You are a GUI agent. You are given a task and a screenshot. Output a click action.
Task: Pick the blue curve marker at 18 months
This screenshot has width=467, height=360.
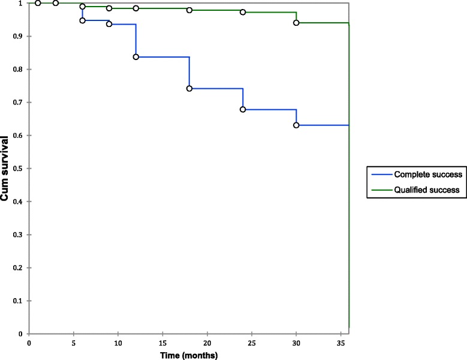[x=189, y=88]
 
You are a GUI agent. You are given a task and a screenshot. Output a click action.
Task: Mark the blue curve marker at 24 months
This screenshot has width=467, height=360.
[x=243, y=109]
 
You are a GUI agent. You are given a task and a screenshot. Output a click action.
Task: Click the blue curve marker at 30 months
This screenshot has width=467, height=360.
[x=296, y=125]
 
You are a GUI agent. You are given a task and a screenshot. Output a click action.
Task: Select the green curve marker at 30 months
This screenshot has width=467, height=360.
[x=296, y=23]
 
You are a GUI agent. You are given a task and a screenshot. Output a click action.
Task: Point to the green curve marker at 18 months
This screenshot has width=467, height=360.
[x=189, y=10]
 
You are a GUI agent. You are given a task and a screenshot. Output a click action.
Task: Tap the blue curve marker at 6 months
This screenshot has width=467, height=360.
[x=82, y=20]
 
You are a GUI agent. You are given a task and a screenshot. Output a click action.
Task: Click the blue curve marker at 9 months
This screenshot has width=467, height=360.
[x=109, y=24]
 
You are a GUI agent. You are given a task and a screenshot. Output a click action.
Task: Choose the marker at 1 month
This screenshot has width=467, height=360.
[x=38, y=3]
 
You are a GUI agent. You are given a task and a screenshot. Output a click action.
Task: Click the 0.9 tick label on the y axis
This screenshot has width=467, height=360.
[x=21, y=37]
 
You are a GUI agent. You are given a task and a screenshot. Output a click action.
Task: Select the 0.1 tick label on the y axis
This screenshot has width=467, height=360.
[x=21, y=301]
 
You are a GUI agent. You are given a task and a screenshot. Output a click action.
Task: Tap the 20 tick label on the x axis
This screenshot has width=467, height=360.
[x=207, y=343]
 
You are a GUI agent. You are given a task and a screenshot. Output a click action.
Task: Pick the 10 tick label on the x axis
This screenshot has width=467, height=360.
[x=118, y=343]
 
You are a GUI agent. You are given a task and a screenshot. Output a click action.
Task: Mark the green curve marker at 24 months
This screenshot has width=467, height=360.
[x=243, y=12]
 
